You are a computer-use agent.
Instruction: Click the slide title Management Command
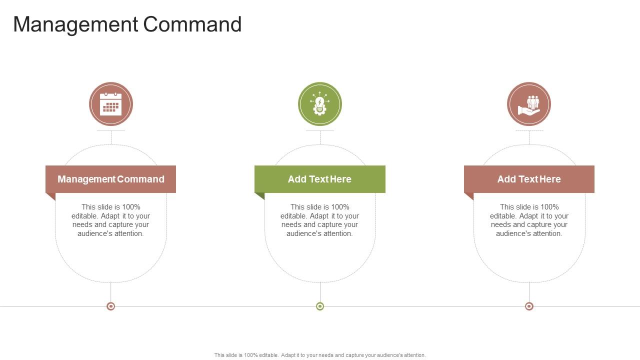(127, 24)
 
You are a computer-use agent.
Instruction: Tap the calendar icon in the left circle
(111, 104)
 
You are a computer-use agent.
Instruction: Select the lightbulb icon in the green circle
(320, 104)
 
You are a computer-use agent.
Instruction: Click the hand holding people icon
(529, 104)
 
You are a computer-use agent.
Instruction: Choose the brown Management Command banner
(111, 179)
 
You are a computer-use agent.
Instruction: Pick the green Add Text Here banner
(320, 179)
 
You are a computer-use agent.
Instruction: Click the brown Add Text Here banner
(529, 179)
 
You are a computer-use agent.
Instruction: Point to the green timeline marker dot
(320, 306)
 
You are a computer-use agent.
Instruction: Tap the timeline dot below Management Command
(111, 306)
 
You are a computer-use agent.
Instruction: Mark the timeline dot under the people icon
(529, 306)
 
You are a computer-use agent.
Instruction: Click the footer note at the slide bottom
(320, 355)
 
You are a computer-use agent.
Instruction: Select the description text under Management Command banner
(111, 220)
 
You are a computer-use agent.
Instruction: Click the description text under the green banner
(320, 220)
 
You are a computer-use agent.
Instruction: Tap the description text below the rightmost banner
(529, 220)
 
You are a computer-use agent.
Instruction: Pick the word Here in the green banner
(340, 179)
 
